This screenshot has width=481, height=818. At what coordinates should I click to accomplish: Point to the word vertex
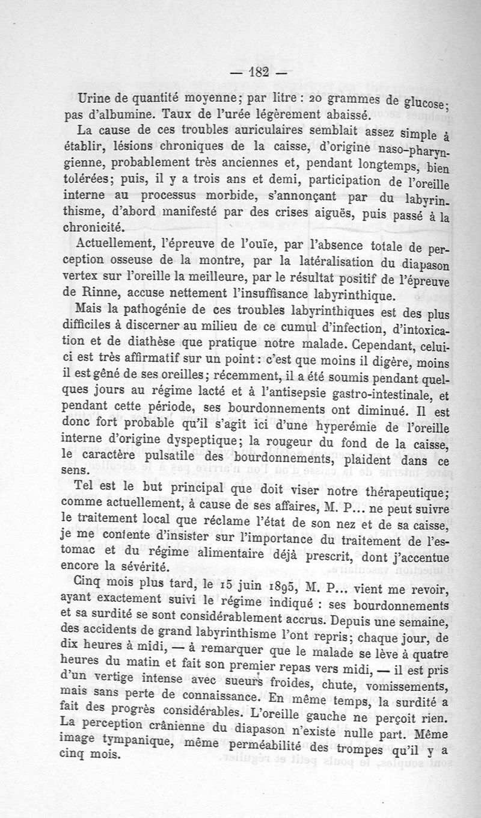[97, 279]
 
